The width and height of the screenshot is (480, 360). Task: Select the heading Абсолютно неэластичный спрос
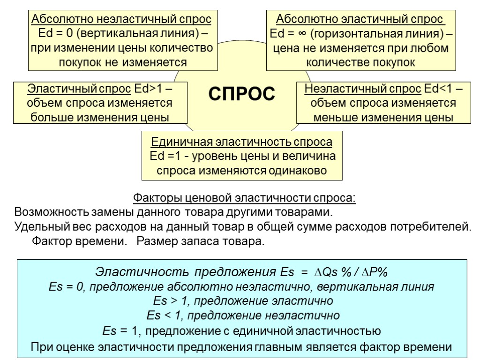coord(121,20)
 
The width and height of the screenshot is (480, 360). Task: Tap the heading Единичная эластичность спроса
coord(241,142)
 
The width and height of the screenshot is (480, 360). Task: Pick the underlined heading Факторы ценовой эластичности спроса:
coord(245,197)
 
